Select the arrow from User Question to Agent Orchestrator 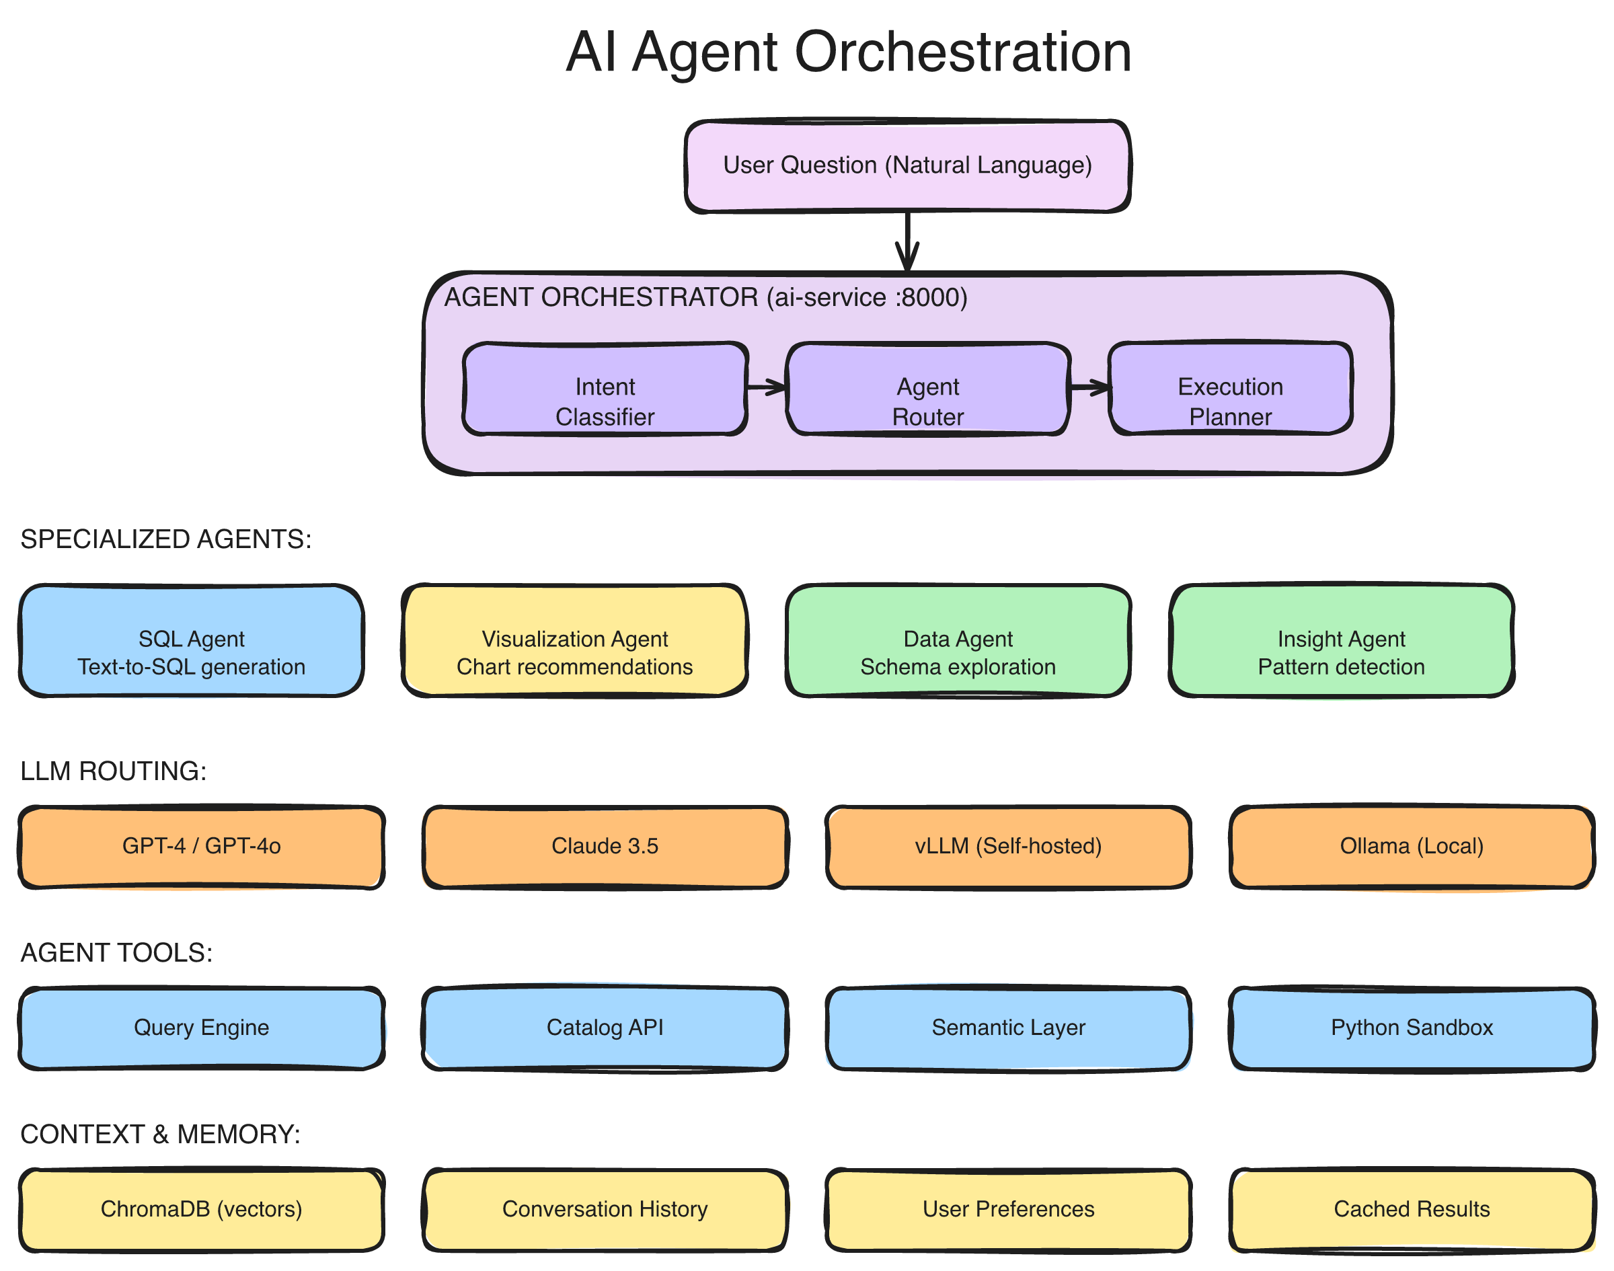[907, 242]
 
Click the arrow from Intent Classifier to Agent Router [766, 386]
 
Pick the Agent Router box [928, 389]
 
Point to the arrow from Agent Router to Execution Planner [1089, 387]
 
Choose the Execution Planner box [1230, 389]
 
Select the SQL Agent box [191, 641]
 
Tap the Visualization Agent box [574, 641]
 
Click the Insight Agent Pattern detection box [1341, 641]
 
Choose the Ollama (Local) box [1412, 847]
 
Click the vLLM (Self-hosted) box [1008, 847]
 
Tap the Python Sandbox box [1412, 1028]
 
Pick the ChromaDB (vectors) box [201, 1210]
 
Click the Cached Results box [1412, 1210]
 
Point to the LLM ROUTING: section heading [113, 772]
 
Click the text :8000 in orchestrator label [931, 298]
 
